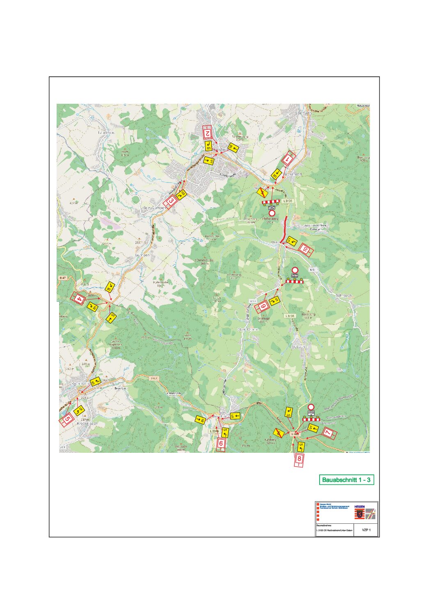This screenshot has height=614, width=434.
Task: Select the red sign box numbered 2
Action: (208, 132)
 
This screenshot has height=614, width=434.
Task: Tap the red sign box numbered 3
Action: (171, 201)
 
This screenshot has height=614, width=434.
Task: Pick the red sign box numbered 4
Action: (79, 299)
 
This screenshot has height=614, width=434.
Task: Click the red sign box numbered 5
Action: (67, 419)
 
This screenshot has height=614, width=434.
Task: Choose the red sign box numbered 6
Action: (221, 443)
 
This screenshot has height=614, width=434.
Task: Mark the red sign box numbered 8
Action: (299, 459)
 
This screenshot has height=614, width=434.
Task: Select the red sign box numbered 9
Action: (263, 305)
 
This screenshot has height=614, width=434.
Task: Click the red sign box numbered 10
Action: (305, 249)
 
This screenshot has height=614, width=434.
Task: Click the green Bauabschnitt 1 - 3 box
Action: (346, 480)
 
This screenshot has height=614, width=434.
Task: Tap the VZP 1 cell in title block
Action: (366, 530)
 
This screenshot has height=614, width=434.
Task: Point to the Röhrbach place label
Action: (344, 295)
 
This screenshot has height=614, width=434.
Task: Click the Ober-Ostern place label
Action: (248, 329)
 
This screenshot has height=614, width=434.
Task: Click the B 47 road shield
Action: (62, 278)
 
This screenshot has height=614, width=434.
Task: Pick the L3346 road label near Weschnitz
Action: (214, 431)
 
